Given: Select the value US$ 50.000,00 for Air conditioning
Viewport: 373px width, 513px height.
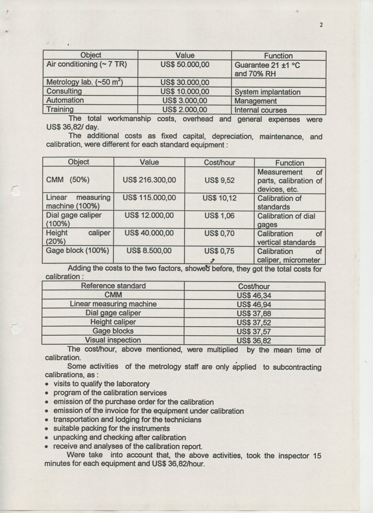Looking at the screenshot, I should click(184, 64).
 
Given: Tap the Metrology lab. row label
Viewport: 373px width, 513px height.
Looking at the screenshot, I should click(85, 82).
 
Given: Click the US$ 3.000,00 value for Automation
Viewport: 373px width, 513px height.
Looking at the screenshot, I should click(184, 100).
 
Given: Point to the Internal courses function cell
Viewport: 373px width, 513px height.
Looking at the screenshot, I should click(261, 109).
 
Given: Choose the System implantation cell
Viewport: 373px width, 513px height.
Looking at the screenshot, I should click(267, 92).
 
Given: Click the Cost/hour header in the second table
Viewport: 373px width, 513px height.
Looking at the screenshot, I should click(220, 162).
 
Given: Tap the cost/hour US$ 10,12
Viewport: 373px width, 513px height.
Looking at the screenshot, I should click(220, 198).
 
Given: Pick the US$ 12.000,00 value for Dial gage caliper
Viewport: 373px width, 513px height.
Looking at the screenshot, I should click(149, 215).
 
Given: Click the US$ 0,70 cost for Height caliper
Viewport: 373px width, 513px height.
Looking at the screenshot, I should click(220, 233).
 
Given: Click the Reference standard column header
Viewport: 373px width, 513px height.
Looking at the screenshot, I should click(114, 286).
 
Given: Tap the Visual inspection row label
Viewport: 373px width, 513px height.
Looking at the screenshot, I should click(113, 340).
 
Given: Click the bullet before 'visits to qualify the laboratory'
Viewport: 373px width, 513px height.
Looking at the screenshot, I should click(47, 384).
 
